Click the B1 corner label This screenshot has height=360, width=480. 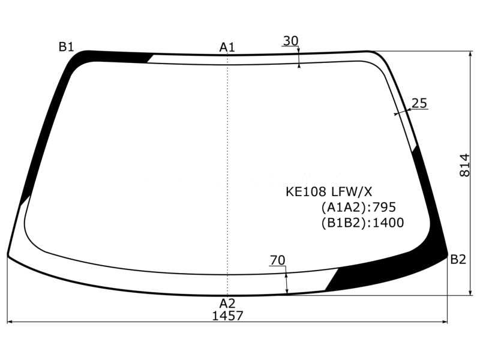(66, 47)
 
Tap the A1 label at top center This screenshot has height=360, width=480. (227, 47)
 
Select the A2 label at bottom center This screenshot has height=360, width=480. (227, 304)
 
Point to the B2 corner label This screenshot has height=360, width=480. (458, 259)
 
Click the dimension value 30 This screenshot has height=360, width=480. (290, 41)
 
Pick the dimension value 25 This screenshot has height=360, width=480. (419, 103)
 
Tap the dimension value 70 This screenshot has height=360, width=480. (277, 260)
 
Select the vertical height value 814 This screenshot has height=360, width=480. (464, 166)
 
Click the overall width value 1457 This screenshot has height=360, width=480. (227, 316)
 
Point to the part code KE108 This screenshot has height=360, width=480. (306, 192)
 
